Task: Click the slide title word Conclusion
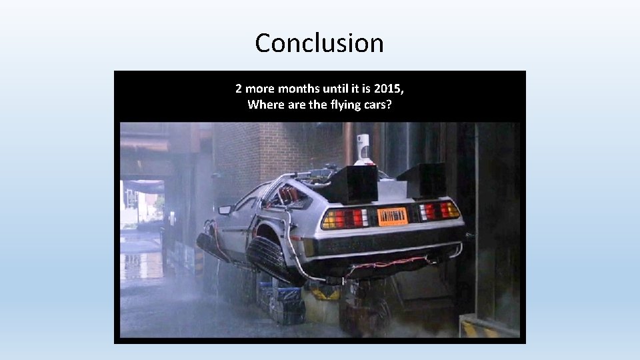click(319, 43)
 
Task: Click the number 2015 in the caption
click(388, 88)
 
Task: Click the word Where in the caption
click(264, 104)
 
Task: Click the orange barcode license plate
click(393, 216)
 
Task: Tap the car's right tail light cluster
click(439, 211)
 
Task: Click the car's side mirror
click(225, 210)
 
